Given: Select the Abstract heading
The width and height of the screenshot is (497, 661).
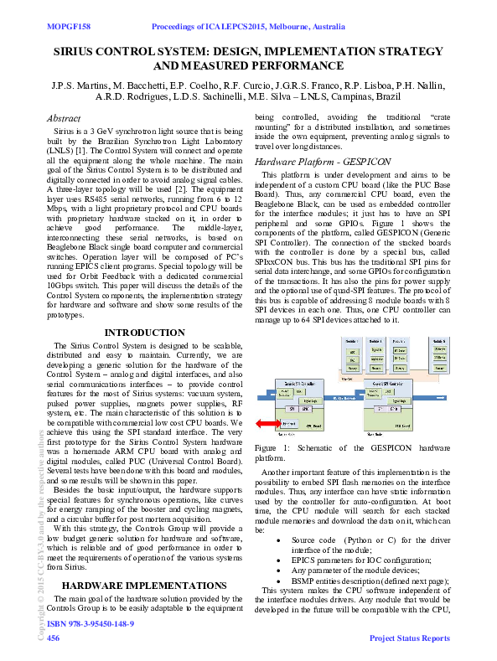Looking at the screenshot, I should [64, 120].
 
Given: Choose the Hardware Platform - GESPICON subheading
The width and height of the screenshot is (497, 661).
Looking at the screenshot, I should [311, 161].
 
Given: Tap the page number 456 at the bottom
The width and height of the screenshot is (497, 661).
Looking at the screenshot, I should [53, 638].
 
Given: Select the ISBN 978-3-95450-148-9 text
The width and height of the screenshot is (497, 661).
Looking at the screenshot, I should [91, 624].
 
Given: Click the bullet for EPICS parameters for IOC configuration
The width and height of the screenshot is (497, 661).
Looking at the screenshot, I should [280, 559].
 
